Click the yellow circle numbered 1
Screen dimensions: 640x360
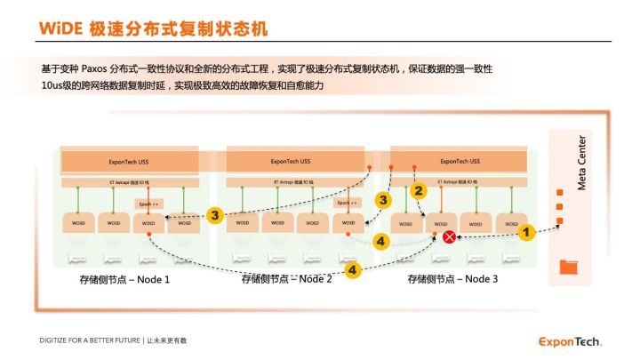(524, 232)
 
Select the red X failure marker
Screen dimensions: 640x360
(450, 236)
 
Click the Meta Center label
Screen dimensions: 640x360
(582, 162)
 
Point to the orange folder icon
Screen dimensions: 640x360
(569, 266)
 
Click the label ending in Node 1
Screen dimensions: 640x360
(125, 279)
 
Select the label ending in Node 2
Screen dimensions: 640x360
(287, 279)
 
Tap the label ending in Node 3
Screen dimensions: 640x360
(452, 279)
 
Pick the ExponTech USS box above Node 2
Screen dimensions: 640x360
(290, 161)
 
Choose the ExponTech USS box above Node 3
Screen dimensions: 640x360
(460, 161)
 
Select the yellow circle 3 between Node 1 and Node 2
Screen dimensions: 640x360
(214, 214)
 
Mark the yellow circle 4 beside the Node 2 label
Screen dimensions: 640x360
(352, 268)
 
